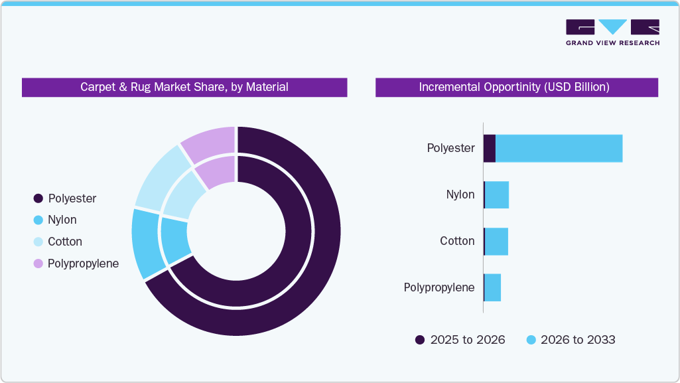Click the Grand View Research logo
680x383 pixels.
pos(612,32)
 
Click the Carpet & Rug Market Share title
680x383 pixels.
pos(184,87)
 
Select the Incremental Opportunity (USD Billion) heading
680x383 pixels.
pos(516,87)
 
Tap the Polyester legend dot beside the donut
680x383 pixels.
pos(38,198)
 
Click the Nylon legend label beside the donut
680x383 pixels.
pos(62,220)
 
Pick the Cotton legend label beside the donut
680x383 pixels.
pos(64,242)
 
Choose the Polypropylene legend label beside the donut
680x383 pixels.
pos(83,264)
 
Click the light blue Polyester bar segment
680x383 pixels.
pos(559,148)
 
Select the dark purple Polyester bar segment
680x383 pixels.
pos(490,148)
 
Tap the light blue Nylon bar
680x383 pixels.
pos(497,195)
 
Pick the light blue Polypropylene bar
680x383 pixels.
pos(492,287)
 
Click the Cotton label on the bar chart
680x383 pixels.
pos(457,241)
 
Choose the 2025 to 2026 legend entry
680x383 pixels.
pos(460,340)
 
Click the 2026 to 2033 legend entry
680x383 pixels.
pos(571,340)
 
